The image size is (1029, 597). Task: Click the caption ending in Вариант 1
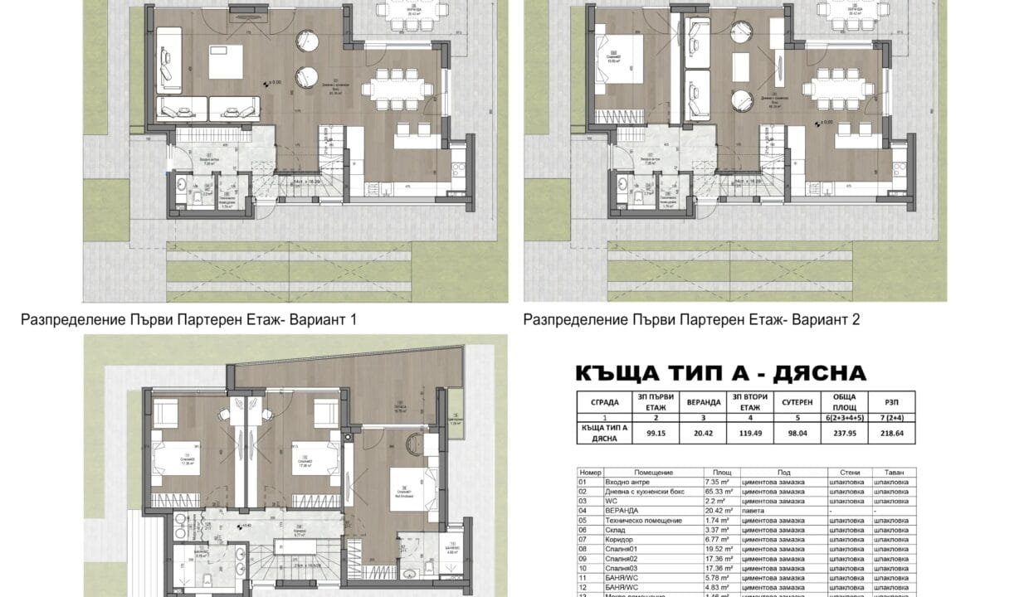coord(188,319)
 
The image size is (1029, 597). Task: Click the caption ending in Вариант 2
coord(691,319)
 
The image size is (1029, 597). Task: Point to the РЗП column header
coord(890,397)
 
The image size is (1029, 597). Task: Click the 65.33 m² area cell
coord(710,491)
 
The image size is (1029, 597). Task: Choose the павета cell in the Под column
coord(753,511)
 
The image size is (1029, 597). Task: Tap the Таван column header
coord(890,471)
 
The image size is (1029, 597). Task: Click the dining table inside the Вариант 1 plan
coord(402,84)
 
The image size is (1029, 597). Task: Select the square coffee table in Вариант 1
coord(225,62)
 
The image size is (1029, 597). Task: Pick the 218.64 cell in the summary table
coord(890,432)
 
